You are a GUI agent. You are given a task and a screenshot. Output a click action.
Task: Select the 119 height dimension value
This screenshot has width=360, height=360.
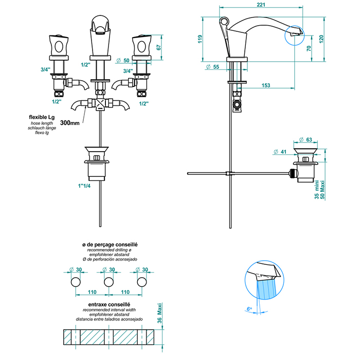click(x=199, y=39)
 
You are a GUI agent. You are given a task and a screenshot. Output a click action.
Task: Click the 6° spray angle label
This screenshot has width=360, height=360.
click(x=249, y=309)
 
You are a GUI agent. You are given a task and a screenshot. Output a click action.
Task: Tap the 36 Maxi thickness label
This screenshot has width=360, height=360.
click(x=159, y=313)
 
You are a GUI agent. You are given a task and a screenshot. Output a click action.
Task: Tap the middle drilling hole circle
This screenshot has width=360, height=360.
click(x=109, y=282)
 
